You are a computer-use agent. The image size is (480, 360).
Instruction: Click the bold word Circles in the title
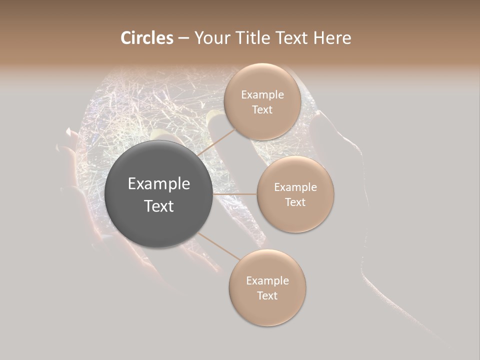click(147, 38)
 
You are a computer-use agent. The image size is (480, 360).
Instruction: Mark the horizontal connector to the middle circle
click(235, 194)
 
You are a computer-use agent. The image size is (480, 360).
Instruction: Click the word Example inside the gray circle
click(159, 184)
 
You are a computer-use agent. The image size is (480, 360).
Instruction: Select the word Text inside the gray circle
click(159, 206)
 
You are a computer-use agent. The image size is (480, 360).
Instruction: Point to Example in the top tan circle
click(262, 95)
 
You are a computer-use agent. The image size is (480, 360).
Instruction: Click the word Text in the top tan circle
click(262, 110)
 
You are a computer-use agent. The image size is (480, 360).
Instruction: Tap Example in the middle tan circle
click(295, 187)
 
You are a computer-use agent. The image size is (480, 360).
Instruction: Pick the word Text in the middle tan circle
click(295, 202)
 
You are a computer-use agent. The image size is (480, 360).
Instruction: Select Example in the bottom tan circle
click(267, 281)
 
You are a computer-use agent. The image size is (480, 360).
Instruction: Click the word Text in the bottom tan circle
click(267, 296)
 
